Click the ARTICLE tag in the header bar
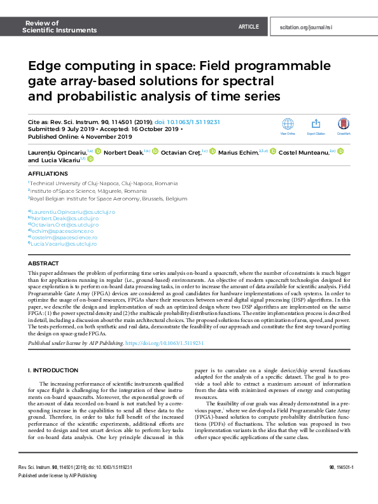pos(248,27)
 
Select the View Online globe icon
pos(288,124)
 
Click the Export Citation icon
pos(316,124)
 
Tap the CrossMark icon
pos(344,124)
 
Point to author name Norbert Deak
pos(123,151)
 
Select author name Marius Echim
pos(241,151)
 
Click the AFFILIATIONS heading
pos(47,172)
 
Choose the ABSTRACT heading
pos(44,263)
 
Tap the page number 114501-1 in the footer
pos(344,485)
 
